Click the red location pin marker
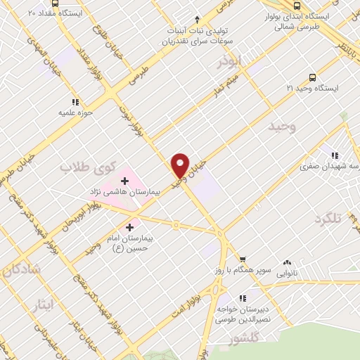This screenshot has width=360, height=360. [x=181, y=165]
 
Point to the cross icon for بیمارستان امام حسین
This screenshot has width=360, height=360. [x=129, y=227]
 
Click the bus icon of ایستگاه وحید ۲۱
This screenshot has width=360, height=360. [x=312, y=77]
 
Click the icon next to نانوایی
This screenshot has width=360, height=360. [x=285, y=262]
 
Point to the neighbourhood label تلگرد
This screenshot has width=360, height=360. [x=328, y=219]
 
